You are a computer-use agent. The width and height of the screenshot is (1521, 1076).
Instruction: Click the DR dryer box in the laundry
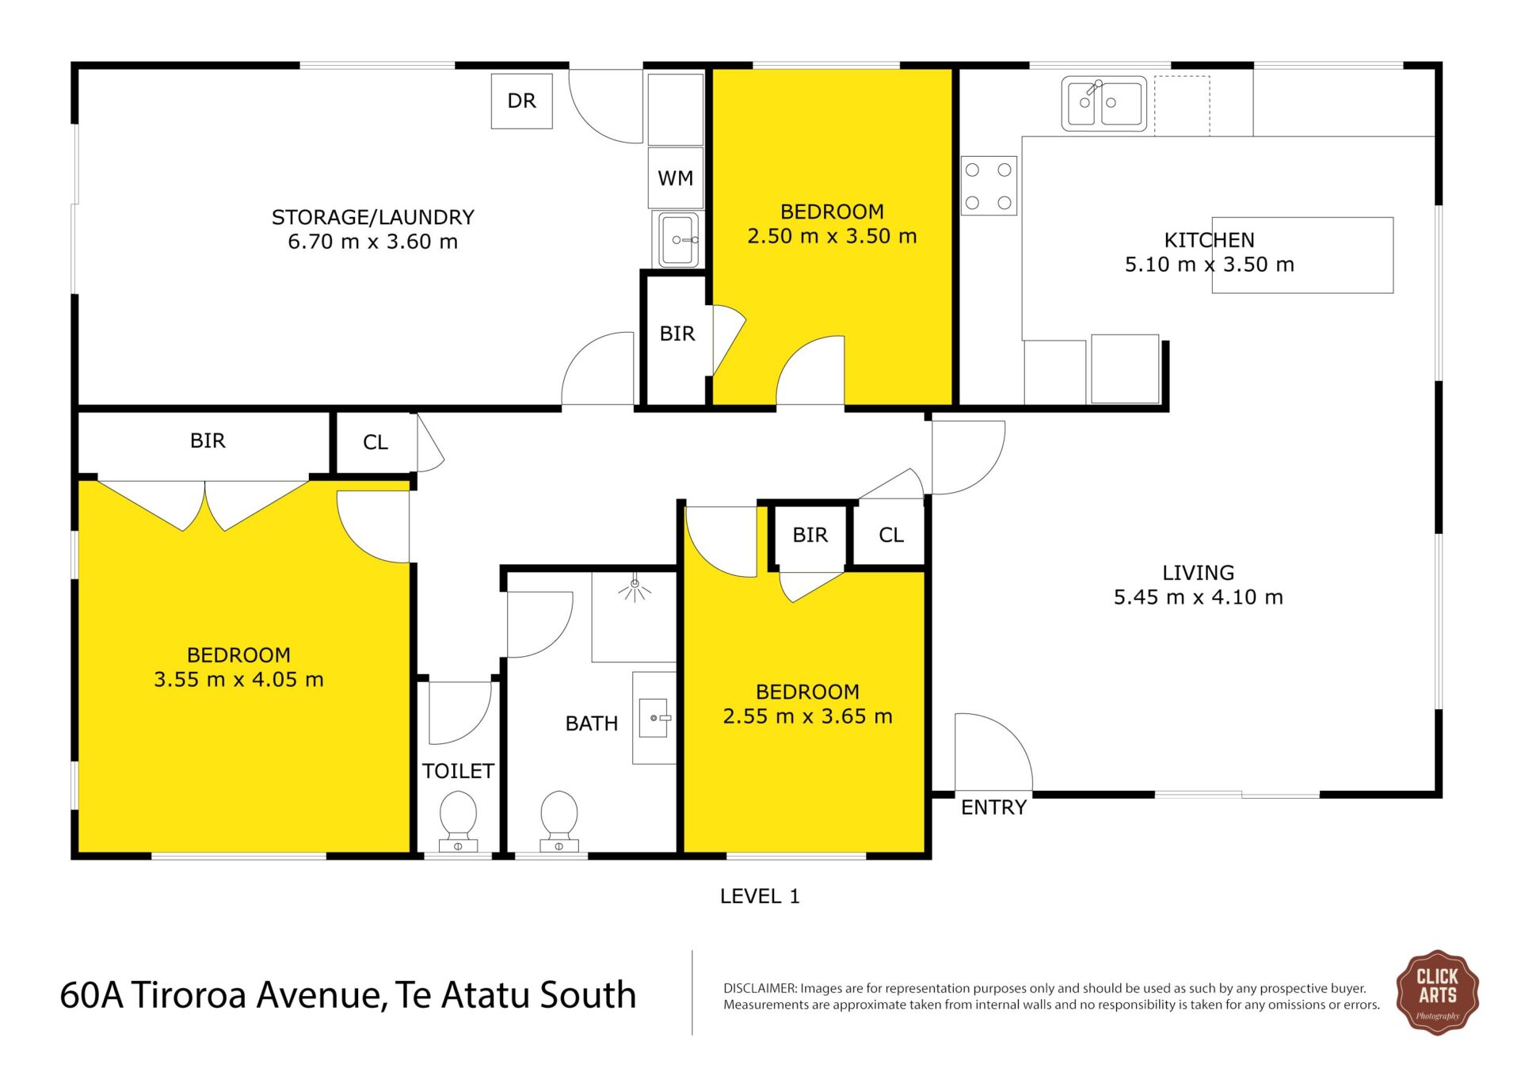coord(521,101)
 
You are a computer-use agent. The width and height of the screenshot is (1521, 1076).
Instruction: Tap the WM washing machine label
coord(675,178)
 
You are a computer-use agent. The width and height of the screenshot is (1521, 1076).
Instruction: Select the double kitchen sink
coord(1104,103)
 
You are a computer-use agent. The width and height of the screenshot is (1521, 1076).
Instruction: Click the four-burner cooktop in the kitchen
coord(989,185)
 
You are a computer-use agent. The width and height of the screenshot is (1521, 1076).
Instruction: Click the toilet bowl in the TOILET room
coord(458,820)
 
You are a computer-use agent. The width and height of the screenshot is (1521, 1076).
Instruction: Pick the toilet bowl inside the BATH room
coord(559,820)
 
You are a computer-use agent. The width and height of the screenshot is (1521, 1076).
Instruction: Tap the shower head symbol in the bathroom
coord(635,589)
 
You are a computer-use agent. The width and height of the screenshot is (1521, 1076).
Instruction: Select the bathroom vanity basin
coord(654,718)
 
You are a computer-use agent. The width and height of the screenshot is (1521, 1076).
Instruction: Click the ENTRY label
coord(993,807)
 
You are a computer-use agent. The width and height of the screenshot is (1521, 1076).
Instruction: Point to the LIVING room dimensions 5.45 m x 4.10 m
coord(1198,597)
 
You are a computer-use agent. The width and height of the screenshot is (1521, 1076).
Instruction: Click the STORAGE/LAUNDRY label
coord(373,217)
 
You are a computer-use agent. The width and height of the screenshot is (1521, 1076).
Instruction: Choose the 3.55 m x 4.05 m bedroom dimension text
coord(238,680)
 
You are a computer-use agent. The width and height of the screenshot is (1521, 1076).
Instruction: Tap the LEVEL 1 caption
coord(760,896)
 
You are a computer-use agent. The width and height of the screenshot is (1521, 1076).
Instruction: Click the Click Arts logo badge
coord(1437,992)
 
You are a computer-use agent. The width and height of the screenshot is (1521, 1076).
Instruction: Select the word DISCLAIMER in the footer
coord(760,988)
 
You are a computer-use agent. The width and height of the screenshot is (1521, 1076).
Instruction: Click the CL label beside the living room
coord(891,536)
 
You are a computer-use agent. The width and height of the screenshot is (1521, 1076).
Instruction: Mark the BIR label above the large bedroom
coord(208,441)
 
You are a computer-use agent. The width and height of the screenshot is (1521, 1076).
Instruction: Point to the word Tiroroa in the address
coord(188,995)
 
